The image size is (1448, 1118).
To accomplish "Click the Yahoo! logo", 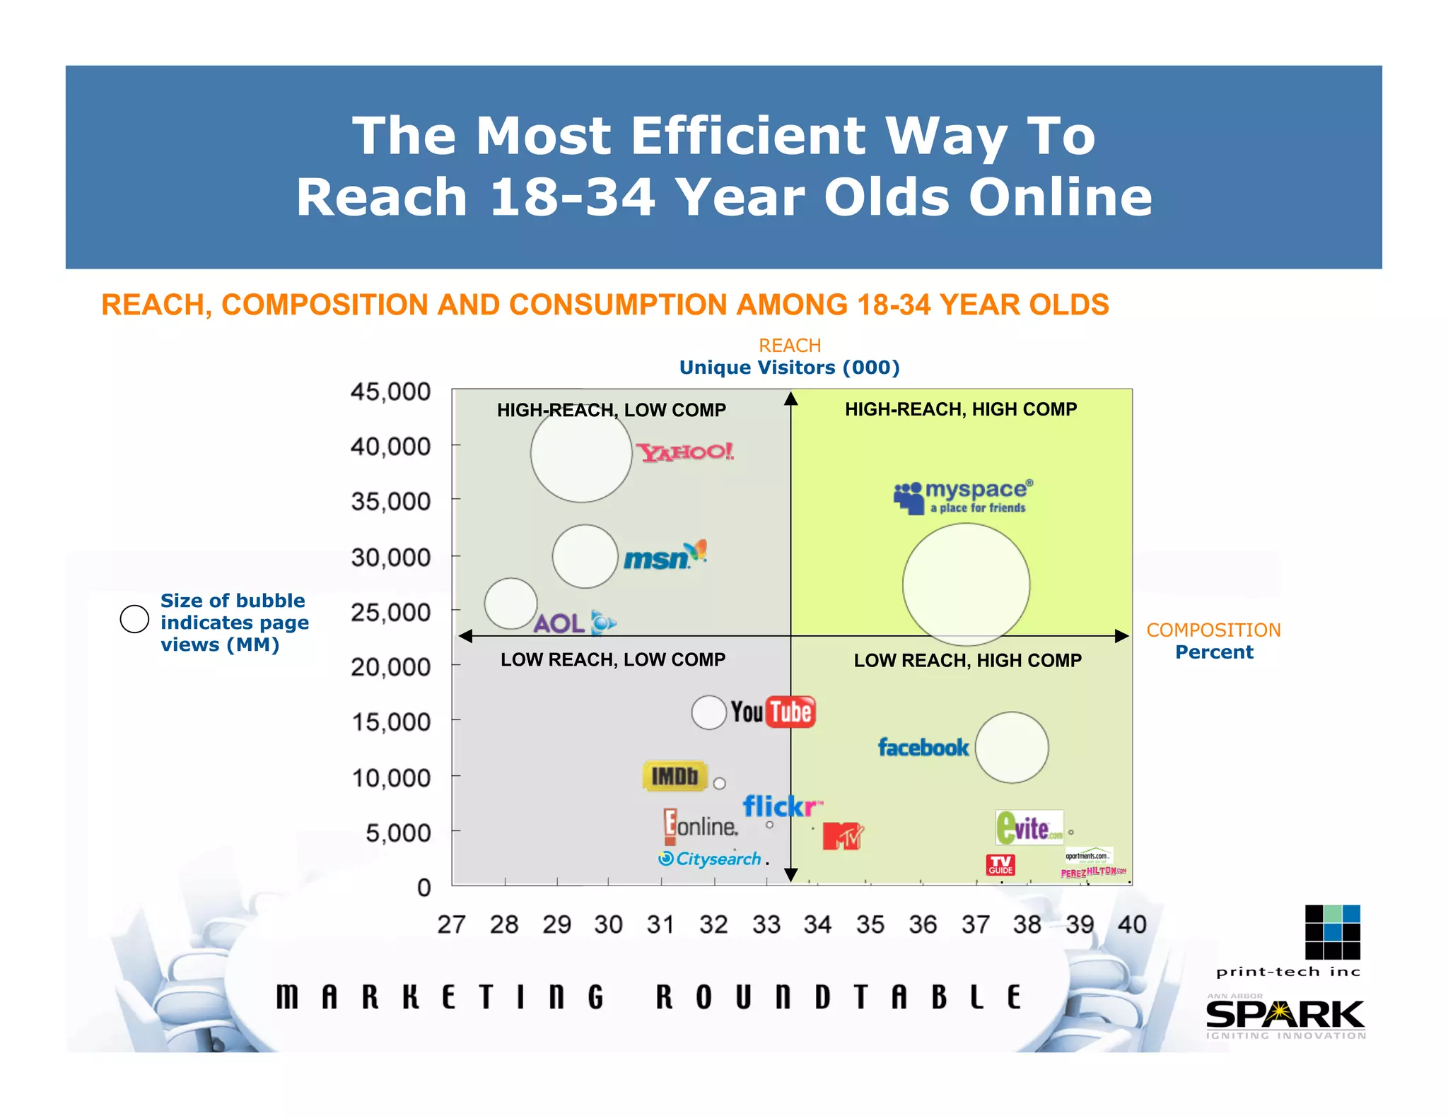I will [685, 452].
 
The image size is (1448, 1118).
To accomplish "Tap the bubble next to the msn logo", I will [585, 556].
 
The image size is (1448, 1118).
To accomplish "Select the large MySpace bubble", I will [966, 584].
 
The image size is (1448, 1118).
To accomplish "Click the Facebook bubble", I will [1012, 747].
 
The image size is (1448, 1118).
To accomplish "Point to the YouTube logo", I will [773, 712].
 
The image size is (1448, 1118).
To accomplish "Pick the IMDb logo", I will [675, 776].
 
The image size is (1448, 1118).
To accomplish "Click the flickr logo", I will [781, 806].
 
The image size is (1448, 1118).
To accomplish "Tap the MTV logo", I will [843, 836].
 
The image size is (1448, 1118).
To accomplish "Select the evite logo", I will [1029, 828].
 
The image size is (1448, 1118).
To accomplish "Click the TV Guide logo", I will [1000, 865].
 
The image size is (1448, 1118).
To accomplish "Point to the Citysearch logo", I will [710, 859].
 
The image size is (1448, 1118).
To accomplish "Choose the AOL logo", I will [574, 623].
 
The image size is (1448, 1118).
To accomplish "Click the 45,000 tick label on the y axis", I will [390, 392].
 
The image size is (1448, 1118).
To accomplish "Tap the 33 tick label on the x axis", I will [766, 924].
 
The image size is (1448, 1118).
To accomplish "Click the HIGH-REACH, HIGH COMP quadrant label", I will [961, 409].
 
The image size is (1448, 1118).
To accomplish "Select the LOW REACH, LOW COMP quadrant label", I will [613, 659].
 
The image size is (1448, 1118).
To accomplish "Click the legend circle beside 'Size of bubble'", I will [134, 619].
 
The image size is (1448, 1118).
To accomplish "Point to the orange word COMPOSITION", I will [1213, 630].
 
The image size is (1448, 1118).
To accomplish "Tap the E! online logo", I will [701, 826].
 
